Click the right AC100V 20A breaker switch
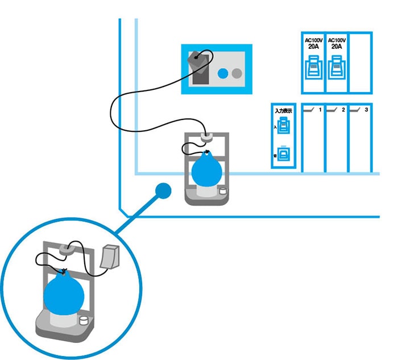click(x=335, y=71)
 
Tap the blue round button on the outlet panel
click(x=223, y=73)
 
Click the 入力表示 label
click(x=283, y=111)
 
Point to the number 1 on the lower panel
click(x=320, y=109)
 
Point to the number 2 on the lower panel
click(x=343, y=109)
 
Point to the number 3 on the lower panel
click(x=367, y=109)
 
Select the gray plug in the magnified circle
click(x=110, y=256)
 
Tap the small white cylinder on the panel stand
click(x=222, y=192)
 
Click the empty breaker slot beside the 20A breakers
click(x=359, y=63)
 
